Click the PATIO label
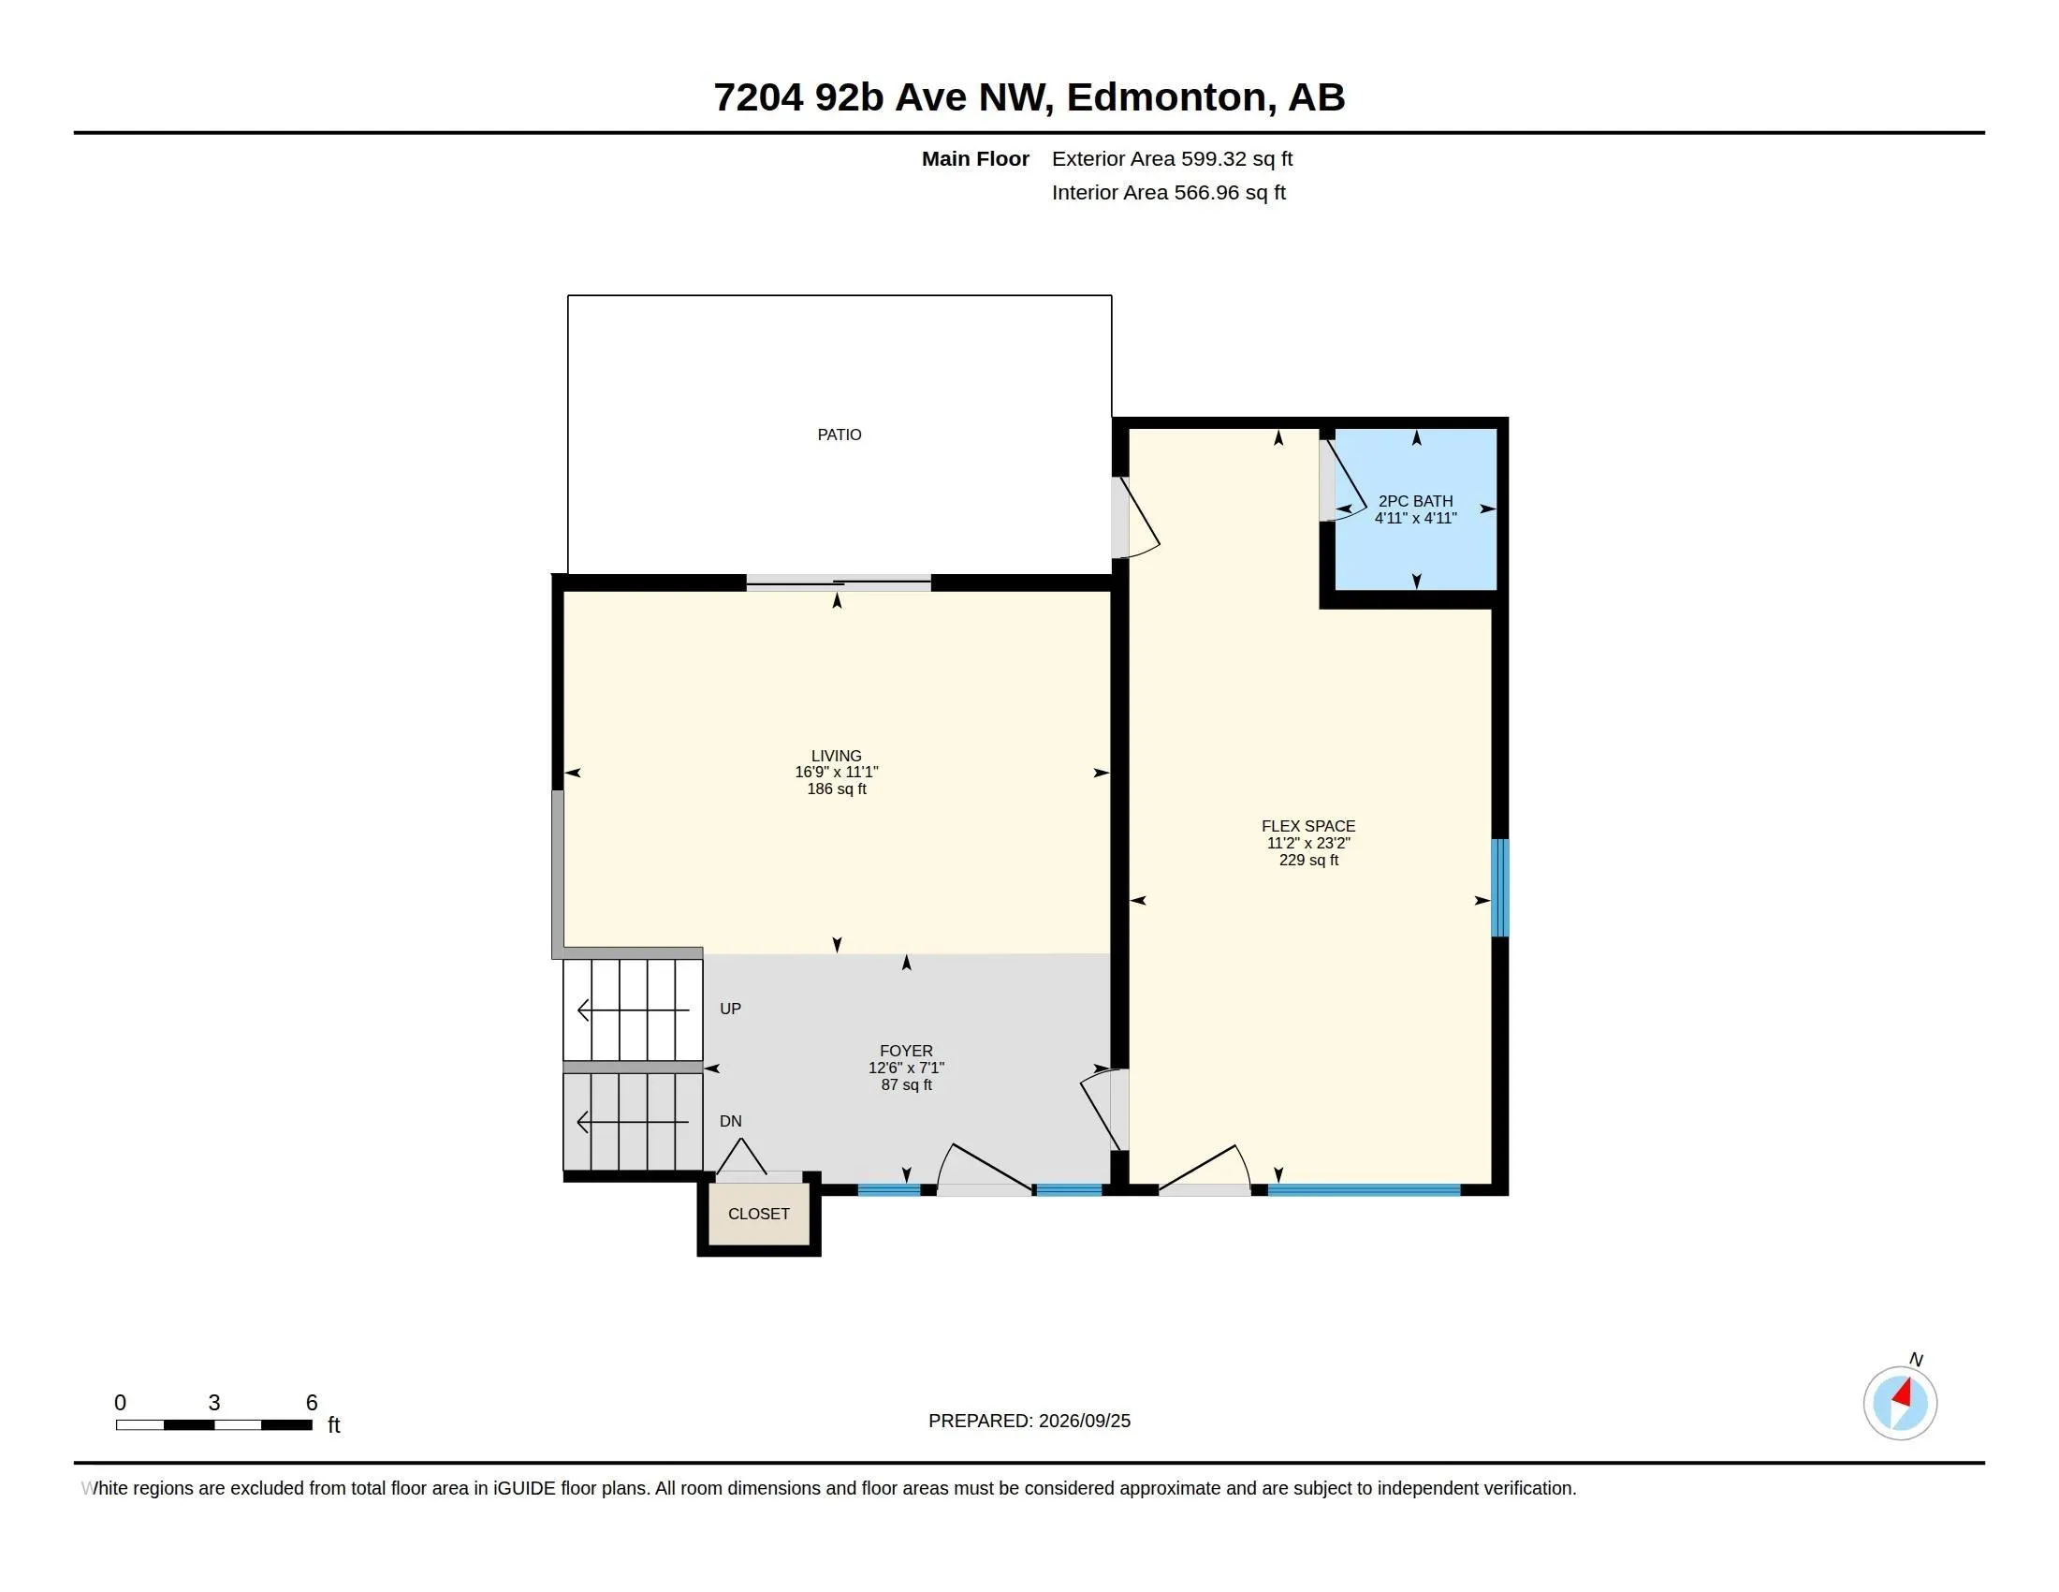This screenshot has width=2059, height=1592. tap(840, 435)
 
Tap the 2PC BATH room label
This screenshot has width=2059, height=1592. tap(1415, 501)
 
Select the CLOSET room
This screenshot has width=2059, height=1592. tap(759, 1214)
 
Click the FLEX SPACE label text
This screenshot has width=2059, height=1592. tap(1308, 826)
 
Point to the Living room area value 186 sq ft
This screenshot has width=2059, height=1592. tap(836, 789)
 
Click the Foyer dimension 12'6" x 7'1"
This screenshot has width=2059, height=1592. tap(906, 1068)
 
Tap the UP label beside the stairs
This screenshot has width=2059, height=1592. tap(731, 1010)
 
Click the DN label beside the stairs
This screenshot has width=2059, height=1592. tap(731, 1121)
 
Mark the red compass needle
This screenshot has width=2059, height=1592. tap(1902, 1394)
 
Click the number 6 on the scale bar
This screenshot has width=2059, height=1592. tap(311, 1403)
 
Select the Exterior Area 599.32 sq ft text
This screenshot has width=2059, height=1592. tap(1172, 158)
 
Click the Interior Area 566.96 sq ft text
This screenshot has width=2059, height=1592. tap(1169, 192)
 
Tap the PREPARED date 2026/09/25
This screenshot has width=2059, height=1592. tap(1084, 1422)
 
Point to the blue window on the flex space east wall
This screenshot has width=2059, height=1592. tap(1499, 888)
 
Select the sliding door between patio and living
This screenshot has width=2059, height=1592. tap(839, 583)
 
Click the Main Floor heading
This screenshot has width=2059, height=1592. tap(975, 158)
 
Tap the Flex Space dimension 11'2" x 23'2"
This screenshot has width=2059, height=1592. tap(1308, 843)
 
